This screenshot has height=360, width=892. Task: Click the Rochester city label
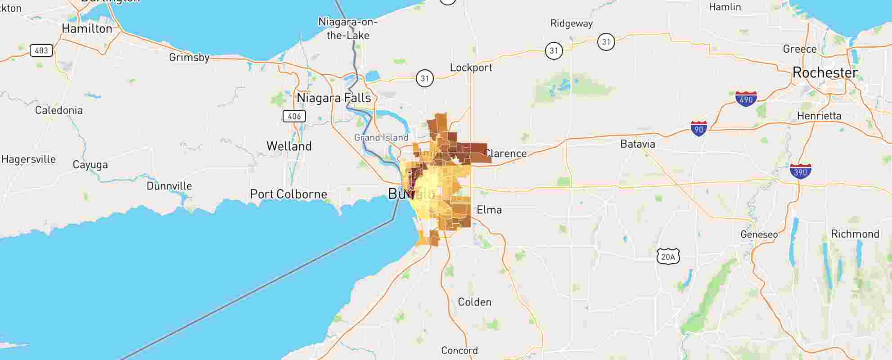point(824,73)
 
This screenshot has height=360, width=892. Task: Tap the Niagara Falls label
point(333,98)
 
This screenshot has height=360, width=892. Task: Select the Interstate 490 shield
point(746,99)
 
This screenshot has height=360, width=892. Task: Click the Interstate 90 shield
point(698,129)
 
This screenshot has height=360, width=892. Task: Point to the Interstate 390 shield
point(800,172)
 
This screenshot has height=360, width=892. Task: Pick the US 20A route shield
point(668,256)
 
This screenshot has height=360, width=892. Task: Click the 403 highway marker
point(41,50)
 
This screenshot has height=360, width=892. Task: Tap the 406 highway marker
point(294,116)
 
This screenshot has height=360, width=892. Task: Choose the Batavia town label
point(637,144)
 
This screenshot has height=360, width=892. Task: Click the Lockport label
point(471,68)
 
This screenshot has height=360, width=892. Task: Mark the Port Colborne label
point(288,194)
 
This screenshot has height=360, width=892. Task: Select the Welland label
point(289,146)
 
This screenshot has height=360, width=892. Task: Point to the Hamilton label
point(87,29)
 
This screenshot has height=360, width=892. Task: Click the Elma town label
point(489,210)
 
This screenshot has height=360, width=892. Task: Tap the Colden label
point(474,302)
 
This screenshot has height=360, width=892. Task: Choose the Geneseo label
point(759,234)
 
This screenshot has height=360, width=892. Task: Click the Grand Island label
point(381,138)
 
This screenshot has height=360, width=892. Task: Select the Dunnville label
point(169,186)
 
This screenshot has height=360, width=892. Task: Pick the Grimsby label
point(189,58)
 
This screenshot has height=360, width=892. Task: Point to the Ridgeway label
point(571,24)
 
